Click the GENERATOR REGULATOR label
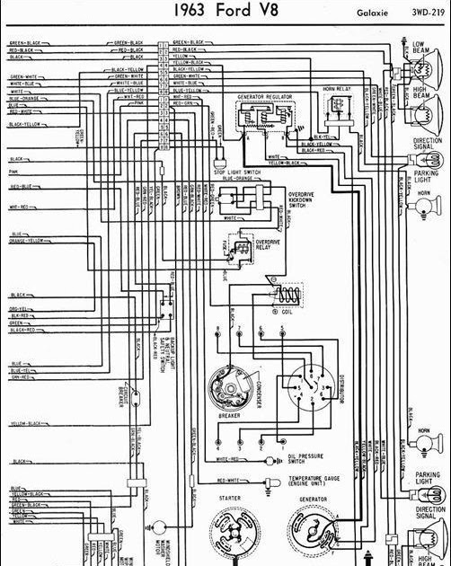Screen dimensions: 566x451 coord(268,94)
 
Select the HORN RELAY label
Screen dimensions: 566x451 coord(336,89)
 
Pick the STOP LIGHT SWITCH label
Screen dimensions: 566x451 coord(237,171)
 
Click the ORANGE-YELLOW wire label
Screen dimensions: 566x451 coord(26,241)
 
